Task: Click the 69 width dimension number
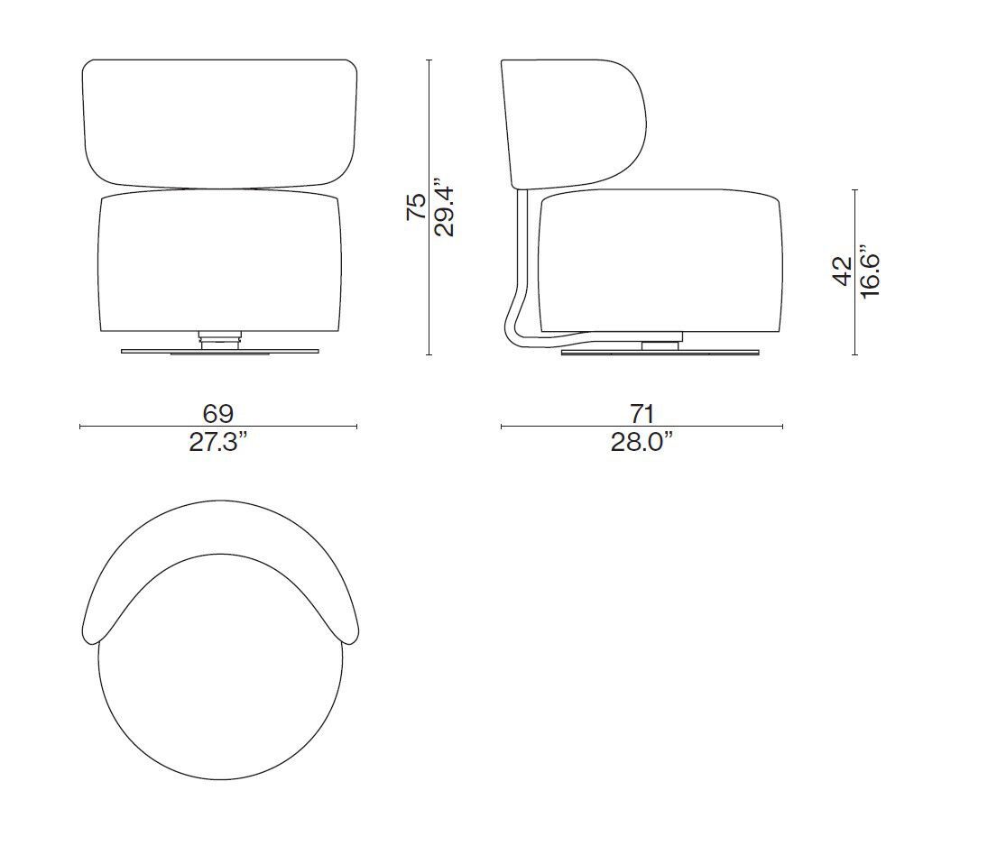pos(217,413)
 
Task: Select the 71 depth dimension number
pos(641,413)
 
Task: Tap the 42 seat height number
pos(842,271)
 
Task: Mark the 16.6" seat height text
pos(870,271)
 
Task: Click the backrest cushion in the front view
pos(218,122)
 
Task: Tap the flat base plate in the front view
pos(220,350)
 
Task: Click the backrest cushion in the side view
pos(577,122)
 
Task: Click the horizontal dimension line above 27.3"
pos(135,426)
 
